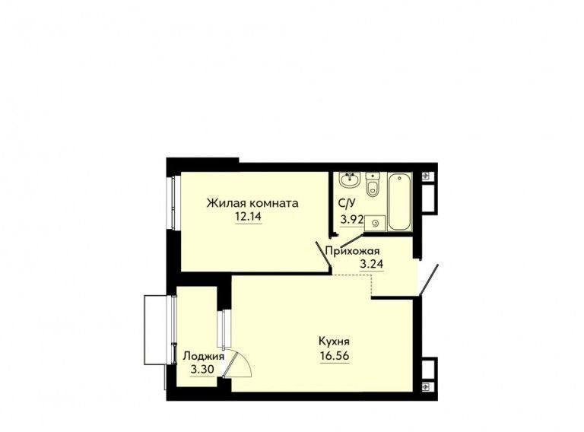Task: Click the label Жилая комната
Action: (252, 203)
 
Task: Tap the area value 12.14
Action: (248, 216)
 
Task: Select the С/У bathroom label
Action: (347, 203)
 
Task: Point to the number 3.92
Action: (352, 219)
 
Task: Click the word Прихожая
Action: (352, 251)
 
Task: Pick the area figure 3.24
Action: (371, 264)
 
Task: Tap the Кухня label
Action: (334, 341)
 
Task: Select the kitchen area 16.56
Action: (335, 356)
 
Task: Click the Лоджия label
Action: (203, 357)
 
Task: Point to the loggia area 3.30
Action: (202, 370)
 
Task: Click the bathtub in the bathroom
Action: (400, 202)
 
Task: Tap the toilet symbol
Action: (372, 184)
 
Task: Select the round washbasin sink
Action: (349, 179)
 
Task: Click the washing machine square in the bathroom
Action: (375, 224)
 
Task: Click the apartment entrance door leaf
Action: (429, 280)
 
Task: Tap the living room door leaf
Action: (323, 254)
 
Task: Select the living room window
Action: (174, 202)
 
